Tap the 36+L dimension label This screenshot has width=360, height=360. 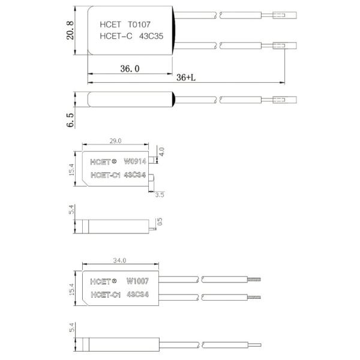pos(186,78)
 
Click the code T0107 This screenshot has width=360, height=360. pos(143,26)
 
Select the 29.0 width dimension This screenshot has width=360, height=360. pos(115,141)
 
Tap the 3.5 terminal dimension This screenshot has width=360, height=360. pos(159,194)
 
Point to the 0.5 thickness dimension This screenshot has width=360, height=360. pos(159,222)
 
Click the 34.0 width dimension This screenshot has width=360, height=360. pos(119,260)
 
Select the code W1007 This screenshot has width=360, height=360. pos(137,281)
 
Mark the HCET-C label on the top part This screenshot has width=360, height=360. pos(115,37)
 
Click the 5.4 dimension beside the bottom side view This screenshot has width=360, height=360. pos(71,330)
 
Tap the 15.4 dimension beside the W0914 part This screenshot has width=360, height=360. pos(71,170)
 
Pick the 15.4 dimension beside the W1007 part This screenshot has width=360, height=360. pos(71,289)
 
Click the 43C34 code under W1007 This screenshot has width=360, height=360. pos(138,294)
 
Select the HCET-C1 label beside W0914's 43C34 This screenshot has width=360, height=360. pos(105,175)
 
